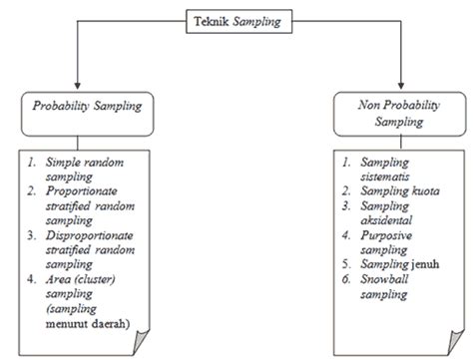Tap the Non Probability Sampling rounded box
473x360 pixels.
click(401, 112)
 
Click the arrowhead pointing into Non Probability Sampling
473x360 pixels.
click(401, 85)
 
